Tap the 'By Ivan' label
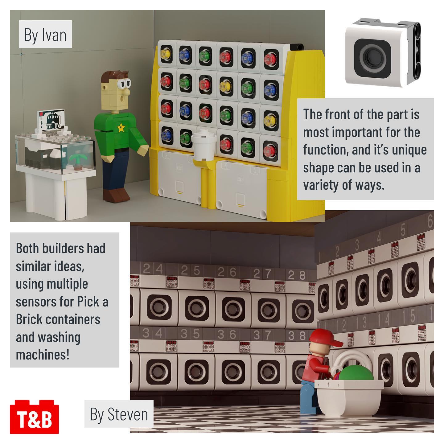point(45,34)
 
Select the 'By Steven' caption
point(119,414)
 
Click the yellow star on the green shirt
point(121,127)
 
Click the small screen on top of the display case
point(51,120)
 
